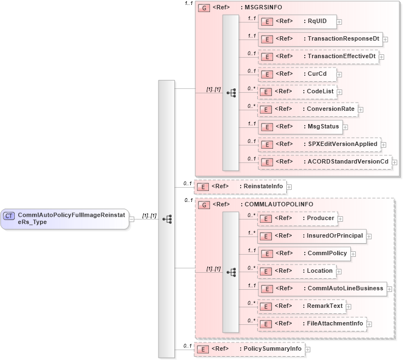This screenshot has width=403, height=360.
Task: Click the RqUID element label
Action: (x=317, y=21)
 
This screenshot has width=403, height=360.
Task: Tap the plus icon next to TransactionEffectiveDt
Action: (x=381, y=57)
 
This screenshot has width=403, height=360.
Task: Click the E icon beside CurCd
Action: (x=266, y=74)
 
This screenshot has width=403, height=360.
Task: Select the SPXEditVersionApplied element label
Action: (x=342, y=144)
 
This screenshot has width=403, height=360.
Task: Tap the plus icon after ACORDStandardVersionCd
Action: (x=394, y=162)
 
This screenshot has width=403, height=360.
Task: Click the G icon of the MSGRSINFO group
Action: (x=203, y=9)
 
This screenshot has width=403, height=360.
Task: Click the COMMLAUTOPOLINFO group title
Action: (x=277, y=205)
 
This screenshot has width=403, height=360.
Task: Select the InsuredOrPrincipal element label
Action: (x=334, y=236)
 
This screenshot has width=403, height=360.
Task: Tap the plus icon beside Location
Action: (x=338, y=271)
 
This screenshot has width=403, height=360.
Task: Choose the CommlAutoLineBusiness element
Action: (x=322, y=289)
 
